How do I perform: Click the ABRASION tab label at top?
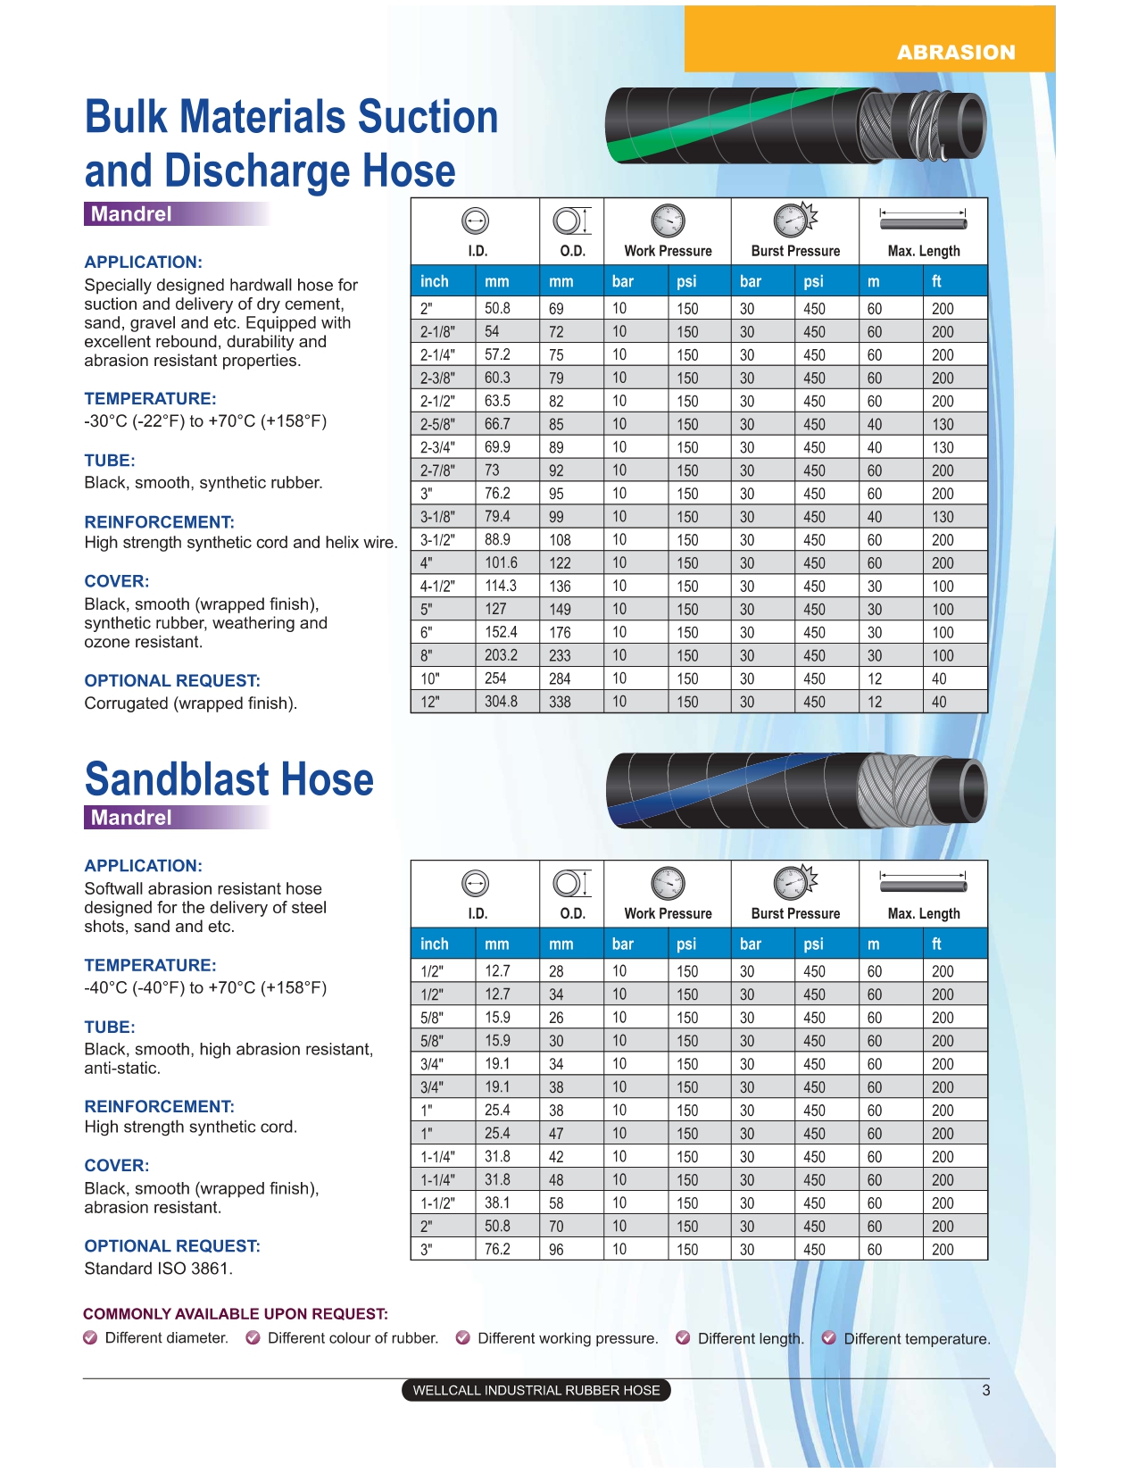956,53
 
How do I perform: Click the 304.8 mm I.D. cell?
501,702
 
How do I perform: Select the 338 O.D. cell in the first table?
560,702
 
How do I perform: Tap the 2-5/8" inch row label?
437,424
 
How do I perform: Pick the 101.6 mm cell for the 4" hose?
501,562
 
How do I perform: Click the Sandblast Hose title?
229,779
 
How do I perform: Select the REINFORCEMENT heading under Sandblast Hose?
159,1106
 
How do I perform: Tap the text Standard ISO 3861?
158,1269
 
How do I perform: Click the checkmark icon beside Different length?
683,1337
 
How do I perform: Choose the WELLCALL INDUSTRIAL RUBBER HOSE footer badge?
536,1390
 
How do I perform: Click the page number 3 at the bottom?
985,1390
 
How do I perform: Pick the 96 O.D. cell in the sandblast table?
556,1250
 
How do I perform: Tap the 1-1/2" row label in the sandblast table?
437,1203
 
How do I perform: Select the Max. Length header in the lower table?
923,913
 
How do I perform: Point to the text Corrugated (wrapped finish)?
190,703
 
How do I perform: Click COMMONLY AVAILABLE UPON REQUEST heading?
236,1314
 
